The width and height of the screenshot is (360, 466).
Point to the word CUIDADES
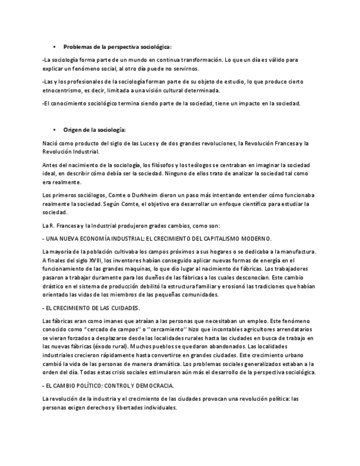point(125,308)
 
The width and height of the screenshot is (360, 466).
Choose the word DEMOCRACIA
point(156,386)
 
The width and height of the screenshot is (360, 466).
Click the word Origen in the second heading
point(73,130)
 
